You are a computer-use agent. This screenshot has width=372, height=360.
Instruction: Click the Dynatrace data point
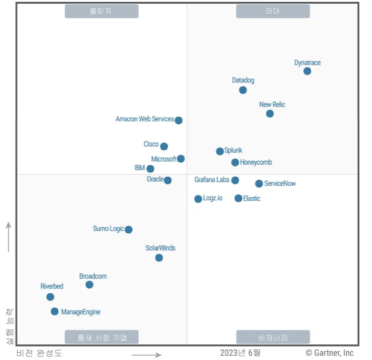point(307,71)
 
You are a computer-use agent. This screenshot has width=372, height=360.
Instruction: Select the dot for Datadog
point(243,90)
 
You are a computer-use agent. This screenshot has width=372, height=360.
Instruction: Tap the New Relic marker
point(270,114)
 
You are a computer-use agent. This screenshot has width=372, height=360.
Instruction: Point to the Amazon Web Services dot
point(178,120)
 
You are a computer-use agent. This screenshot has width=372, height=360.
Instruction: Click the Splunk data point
point(220,151)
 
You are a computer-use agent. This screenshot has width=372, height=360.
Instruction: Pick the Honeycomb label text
point(256,162)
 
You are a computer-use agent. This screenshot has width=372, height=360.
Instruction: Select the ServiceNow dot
point(259,184)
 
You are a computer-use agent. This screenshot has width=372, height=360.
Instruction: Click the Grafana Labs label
point(212,180)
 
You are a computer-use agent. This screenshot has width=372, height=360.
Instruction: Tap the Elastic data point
point(239,198)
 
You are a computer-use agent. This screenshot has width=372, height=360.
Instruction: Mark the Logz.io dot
point(198,199)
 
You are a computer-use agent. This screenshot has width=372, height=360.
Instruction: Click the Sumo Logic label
point(108,228)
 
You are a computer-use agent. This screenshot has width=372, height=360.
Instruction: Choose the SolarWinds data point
point(159,258)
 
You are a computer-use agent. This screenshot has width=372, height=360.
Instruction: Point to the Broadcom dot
point(90,285)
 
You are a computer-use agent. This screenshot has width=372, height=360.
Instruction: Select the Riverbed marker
point(50,297)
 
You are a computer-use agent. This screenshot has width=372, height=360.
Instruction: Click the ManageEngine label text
point(81,312)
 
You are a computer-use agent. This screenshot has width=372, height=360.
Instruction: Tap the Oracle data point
point(168,180)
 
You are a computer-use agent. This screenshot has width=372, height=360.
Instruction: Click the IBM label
point(139,168)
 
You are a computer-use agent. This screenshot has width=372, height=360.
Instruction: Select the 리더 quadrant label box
point(273,11)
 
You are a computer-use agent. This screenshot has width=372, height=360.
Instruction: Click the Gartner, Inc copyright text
point(329,353)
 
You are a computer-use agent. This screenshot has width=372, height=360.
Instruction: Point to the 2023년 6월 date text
point(240,353)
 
